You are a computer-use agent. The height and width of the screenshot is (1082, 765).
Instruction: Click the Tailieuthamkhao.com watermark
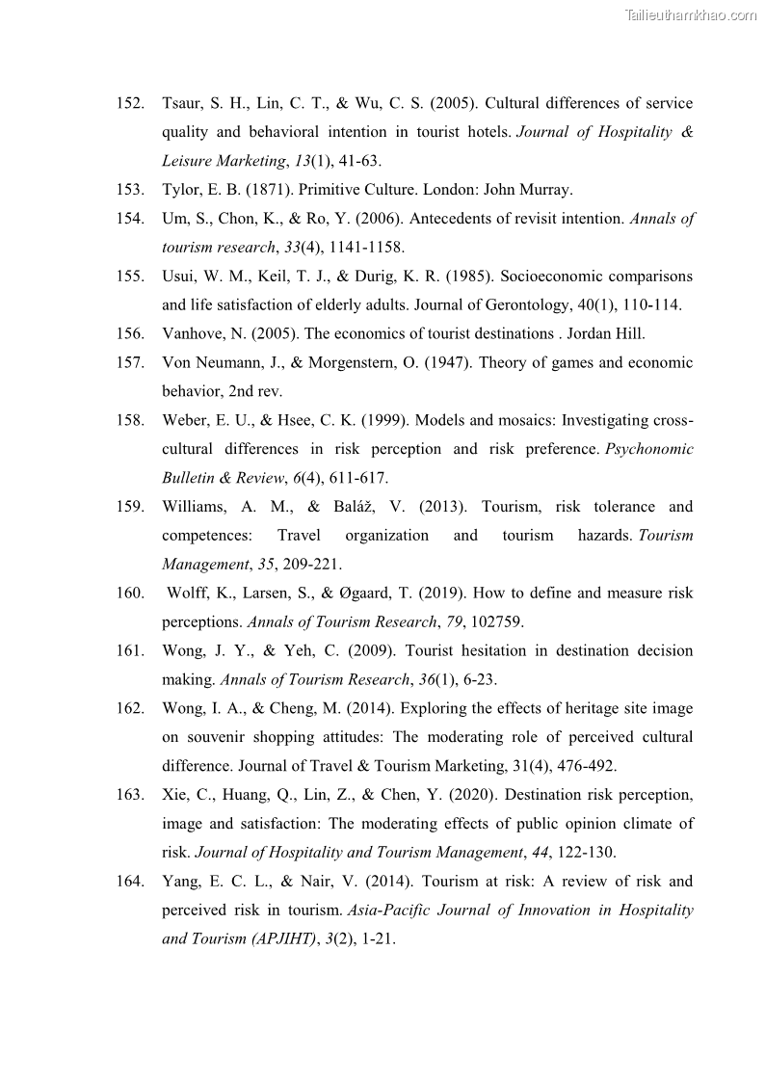tap(691, 14)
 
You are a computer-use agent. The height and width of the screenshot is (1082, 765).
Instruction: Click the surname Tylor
tap(181, 190)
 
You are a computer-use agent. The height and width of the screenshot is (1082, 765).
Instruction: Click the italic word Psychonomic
tap(648, 449)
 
